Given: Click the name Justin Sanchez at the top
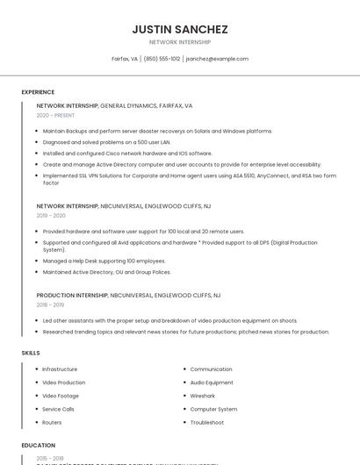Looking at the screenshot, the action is click(180, 29).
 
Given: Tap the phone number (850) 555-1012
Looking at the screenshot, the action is click(162, 59).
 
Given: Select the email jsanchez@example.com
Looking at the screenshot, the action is click(217, 59).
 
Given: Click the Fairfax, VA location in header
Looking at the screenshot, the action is click(125, 59).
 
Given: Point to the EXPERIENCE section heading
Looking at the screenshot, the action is click(38, 92).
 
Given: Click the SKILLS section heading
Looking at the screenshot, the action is click(31, 353).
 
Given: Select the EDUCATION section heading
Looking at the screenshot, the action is click(39, 446).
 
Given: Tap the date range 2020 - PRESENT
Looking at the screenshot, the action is click(55, 115).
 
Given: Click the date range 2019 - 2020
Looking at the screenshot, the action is click(51, 215).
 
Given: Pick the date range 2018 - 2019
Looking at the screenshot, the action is click(51, 304).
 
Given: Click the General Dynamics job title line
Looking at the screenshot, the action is click(114, 105).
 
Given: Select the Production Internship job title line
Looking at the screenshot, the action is click(128, 296).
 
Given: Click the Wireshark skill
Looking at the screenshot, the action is click(202, 396).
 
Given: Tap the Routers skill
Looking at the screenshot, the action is click(52, 422).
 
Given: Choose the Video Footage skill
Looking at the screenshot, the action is click(61, 396).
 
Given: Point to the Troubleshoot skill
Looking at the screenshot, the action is click(207, 422).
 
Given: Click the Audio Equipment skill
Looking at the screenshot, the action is click(212, 383).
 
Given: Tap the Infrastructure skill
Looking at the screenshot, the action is click(60, 369).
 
